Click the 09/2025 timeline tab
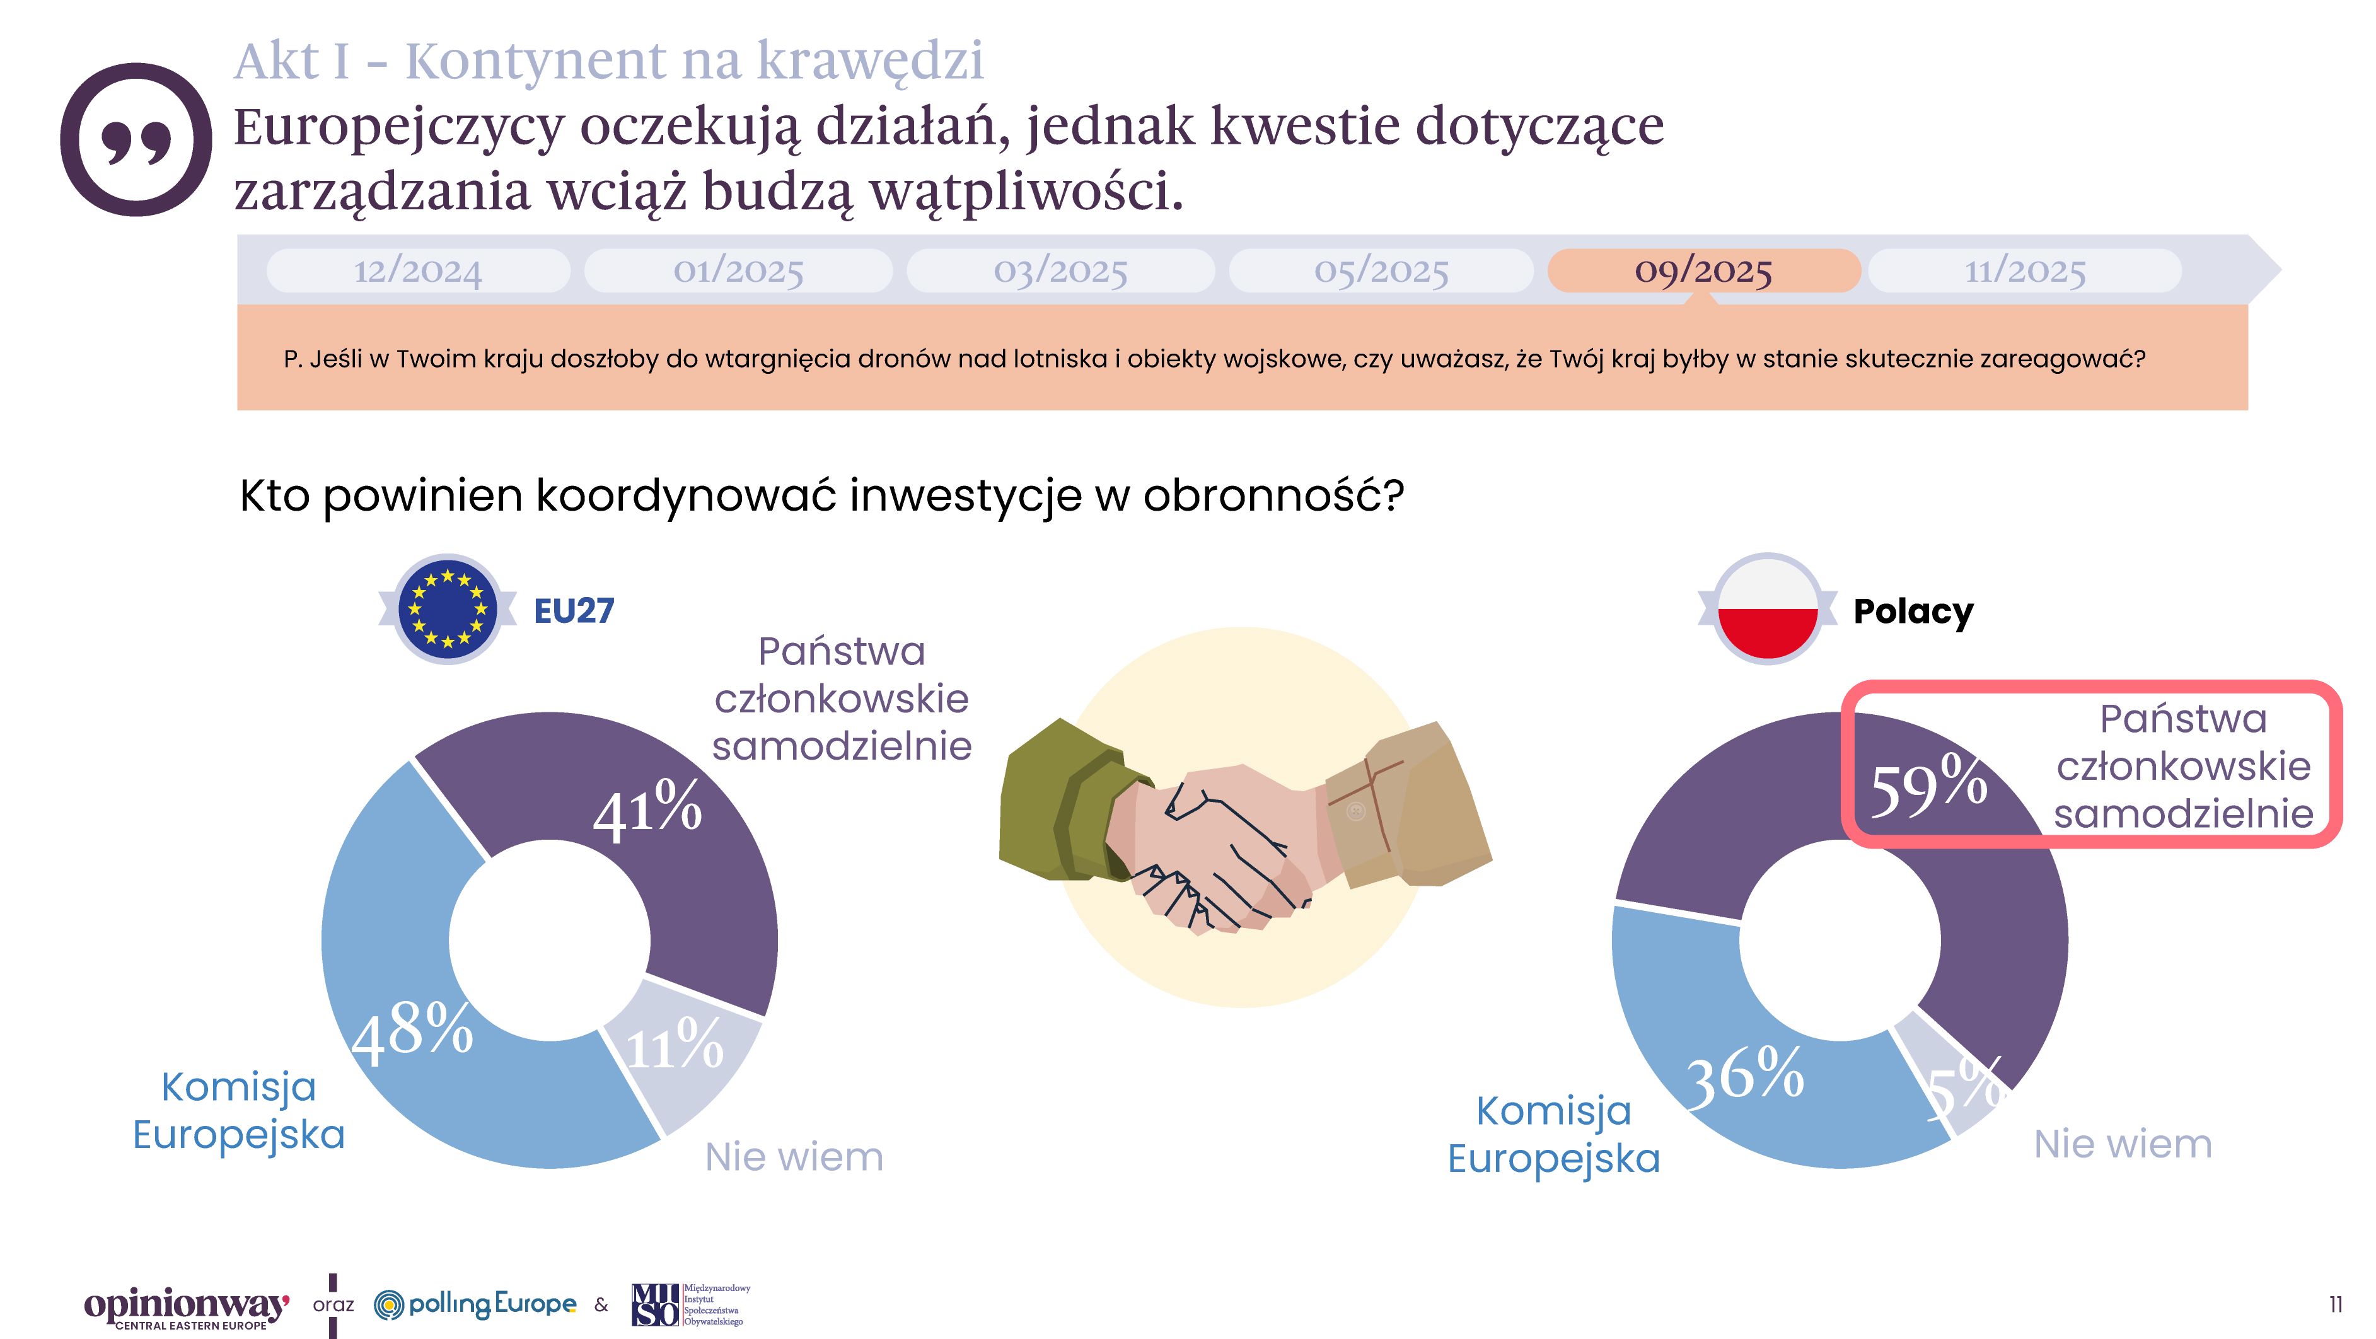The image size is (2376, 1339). (1703, 270)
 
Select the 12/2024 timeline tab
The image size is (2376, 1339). (418, 270)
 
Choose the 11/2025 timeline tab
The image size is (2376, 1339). (2025, 270)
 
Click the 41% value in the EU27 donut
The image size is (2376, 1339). (647, 809)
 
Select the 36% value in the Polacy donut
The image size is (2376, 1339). (1745, 1075)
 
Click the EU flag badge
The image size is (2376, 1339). (448, 608)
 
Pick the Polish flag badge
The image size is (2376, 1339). (1766, 608)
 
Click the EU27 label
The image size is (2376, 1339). (574, 610)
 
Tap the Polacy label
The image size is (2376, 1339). (1913, 610)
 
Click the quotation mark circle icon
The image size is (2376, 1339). (136, 139)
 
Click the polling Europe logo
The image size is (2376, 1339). (476, 1304)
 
